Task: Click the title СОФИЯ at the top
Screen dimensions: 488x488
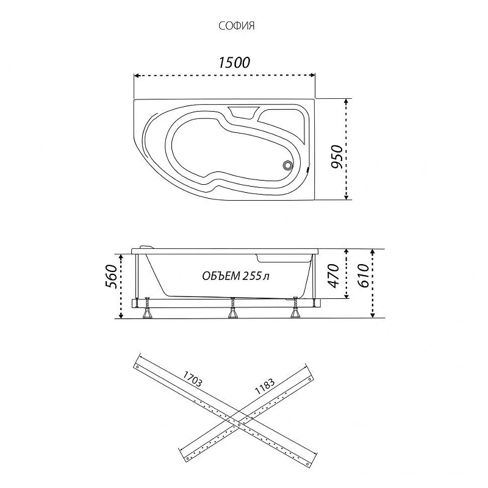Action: click(237, 26)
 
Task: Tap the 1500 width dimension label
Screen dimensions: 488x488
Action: click(234, 63)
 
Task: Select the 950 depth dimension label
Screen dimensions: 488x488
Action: click(337, 157)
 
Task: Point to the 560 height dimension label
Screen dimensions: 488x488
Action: click(112, 277)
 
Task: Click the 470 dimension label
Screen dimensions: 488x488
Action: click(333, 276)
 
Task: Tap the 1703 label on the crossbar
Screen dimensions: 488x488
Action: click(192, 379)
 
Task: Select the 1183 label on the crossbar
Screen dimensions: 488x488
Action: click(265, 387)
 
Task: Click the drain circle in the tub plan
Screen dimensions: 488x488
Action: click(287, 165)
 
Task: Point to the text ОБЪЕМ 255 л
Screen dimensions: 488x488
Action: click(235, 276)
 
